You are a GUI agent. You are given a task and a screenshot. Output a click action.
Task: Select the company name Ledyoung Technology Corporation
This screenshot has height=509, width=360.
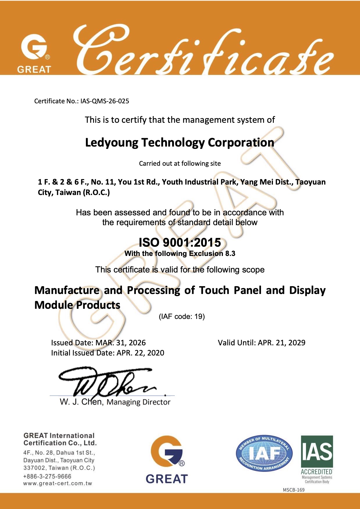pyautogui.click(x=179, y=142)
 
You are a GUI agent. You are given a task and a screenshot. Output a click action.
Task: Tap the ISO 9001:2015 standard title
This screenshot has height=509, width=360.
pyautogui.click(x=180, y=242)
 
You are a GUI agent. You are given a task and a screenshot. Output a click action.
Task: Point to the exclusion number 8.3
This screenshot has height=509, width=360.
pyautogui.click(x=230, y=253)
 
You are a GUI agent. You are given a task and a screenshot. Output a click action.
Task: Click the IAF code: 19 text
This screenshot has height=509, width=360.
pyautogui.click(x=182, y=316)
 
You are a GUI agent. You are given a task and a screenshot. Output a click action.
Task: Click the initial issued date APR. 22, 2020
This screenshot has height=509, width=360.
pyautogui.click(x=140, y=353)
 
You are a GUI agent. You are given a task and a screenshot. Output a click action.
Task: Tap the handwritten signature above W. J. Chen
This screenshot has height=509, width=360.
pyautogui.click(x=107, y=382)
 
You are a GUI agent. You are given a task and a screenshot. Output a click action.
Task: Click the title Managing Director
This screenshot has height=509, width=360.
pyautogui.click(x=138, y=402)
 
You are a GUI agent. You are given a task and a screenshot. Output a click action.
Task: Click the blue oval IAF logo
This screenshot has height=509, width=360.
pyautogui.click(x=264, y=453)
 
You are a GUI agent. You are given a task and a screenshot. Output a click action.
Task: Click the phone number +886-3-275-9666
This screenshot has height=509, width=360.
pyautogui.click(x=47, y=476)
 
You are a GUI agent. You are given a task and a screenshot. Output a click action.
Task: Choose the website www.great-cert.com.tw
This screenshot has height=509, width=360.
pyautogui.click(x=57, y=483)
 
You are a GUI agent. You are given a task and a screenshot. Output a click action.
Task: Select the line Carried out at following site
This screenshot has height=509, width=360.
pyautogui.click(x=180, y=163)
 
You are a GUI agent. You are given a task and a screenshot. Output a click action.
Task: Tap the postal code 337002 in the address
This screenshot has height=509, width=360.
pyautogui.click(x=35, y=468)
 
